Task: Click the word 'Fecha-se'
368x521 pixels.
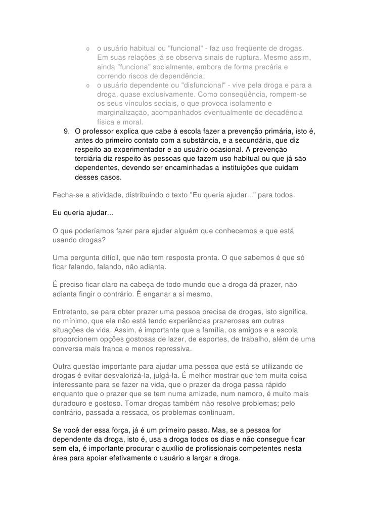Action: (x=68, y=195)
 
